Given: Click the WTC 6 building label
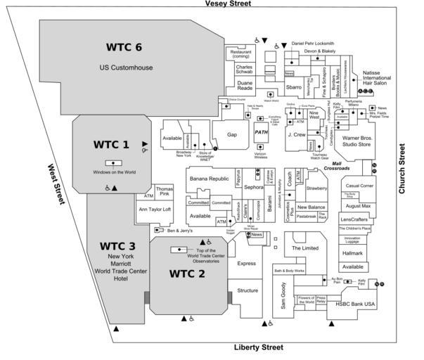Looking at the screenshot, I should coord(124,47).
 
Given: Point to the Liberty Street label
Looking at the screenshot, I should coord(258,347).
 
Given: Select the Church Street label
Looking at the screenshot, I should coord(403,169).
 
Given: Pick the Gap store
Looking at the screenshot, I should coord(232,134).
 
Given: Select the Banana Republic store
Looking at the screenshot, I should coord(210,179).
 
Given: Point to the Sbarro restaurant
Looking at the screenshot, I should coord(293,88).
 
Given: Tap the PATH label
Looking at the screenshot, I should coord(262,131).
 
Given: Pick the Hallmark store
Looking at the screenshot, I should coord(352,252).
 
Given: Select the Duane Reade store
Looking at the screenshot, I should coord(244,86).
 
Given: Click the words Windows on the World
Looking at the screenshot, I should coord(114,172).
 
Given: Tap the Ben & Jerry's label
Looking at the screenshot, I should coord(179,230).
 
